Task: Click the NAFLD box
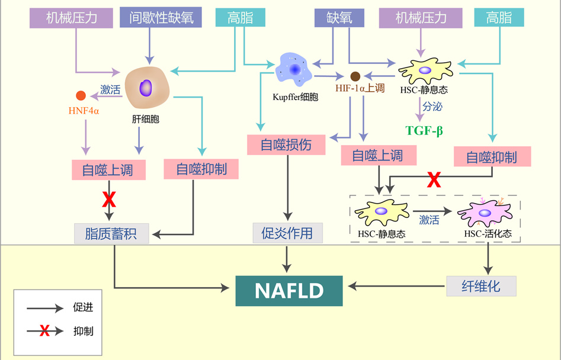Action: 288,291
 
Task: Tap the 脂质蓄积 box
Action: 111,233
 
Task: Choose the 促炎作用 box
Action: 287,233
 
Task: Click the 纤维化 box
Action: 481,287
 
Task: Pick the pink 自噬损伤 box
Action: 286,144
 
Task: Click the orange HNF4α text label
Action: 83,110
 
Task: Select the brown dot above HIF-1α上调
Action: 355,76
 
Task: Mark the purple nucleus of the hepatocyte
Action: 145,88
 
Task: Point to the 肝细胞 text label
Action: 146,119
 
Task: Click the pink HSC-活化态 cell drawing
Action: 484,213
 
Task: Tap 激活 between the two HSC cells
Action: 429,220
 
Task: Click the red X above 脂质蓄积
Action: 108,200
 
